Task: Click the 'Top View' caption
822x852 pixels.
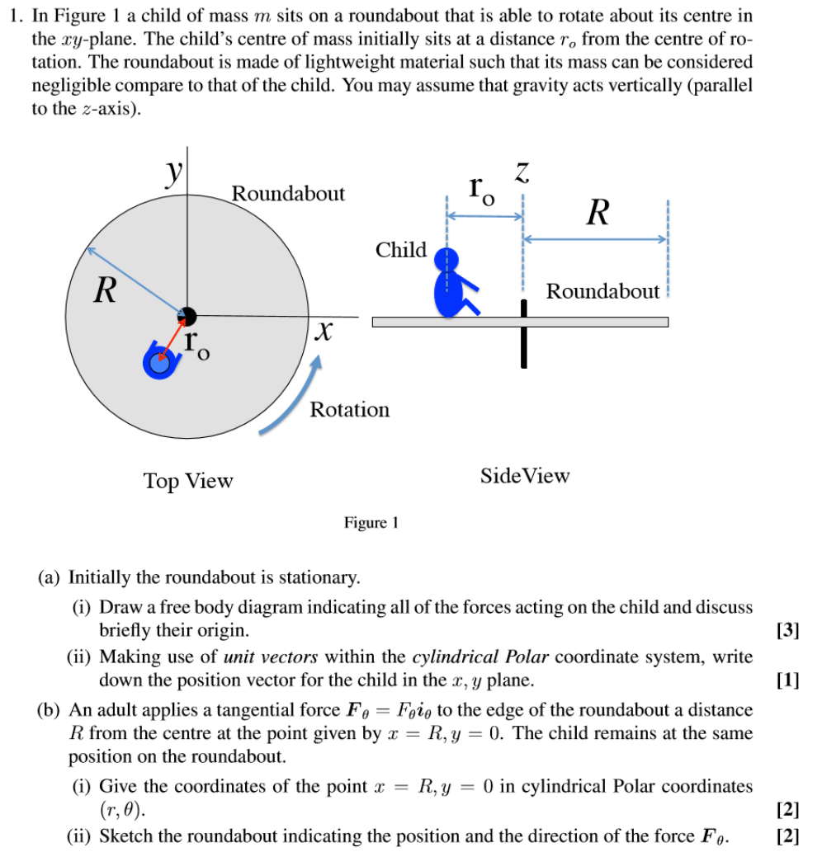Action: click(x=188, y=481)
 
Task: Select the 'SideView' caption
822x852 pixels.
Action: click(x=525, y=476)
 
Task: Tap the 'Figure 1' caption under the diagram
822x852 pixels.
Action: click(x=371, y=523)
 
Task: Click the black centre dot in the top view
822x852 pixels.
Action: click(x=187, y=315)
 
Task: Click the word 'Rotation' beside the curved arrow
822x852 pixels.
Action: click(x=349, y=410)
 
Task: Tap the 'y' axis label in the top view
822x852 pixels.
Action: click(x=173, y=174)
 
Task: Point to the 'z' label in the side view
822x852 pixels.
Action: click(x=522, y=173)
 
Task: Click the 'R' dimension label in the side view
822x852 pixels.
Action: click(x=598, y=213)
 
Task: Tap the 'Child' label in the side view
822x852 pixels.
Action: click(x=401, y=250)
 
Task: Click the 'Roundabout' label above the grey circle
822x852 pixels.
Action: click(x=288, y=194)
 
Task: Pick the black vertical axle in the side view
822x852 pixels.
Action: click(x=523, y=333)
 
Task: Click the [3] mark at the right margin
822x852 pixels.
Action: click(x=788, y=632)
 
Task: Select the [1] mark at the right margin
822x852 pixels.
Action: click(x=788, y=680)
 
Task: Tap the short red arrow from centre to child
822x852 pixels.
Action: click(x=172, y=338)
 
